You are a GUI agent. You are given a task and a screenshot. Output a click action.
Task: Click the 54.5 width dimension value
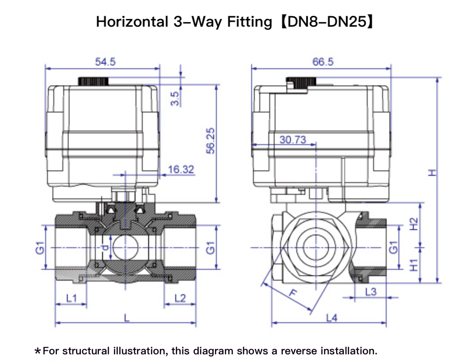tap(105, 62)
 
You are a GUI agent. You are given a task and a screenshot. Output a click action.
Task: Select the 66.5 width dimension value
tap(323, 62)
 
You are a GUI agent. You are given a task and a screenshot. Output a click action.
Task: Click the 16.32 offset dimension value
tap(181, 169)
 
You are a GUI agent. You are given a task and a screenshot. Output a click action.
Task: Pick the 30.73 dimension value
tap(292, 140)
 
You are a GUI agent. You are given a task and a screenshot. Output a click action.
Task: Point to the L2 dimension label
tap(180, 298)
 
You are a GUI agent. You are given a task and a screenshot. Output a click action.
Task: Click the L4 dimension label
tap(332, 318)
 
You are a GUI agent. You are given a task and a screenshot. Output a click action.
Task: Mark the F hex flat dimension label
tap(294, 294)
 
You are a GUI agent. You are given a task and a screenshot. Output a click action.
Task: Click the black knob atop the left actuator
tap(94, 81)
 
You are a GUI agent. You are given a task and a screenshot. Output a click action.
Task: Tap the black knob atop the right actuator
tap(301, 82)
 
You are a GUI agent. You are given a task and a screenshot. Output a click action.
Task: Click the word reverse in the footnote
tap(299, 351)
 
